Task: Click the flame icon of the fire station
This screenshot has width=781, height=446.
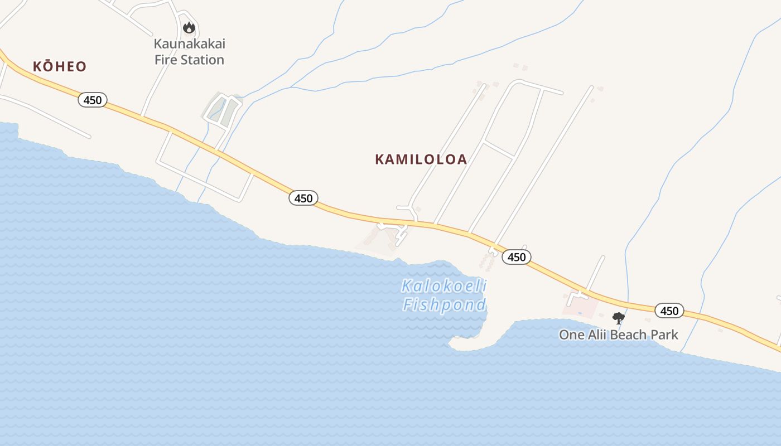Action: pos(189,27)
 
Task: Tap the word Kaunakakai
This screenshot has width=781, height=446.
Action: pos(190,43)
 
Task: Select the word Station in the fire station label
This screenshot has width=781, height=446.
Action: pos(203,60)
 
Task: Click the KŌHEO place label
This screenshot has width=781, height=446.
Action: pos(60,67)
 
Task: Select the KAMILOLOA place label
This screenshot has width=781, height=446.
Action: pos(421,159)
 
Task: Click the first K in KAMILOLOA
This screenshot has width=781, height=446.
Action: pos(380,159)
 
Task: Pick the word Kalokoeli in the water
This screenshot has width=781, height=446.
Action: pos(444,287)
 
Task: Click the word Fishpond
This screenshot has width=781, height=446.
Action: pos(444,304)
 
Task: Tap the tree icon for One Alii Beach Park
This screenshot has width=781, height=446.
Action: pos(618,318)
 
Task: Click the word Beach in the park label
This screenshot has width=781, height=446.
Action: pos(629,334)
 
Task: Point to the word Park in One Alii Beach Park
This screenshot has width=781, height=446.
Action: pos(664,334)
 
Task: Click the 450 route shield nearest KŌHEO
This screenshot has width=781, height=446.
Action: pos(93,100)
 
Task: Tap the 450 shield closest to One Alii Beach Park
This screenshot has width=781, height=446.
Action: pos(669,311)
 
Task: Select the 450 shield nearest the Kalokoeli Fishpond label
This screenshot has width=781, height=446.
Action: pos(517,257)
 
